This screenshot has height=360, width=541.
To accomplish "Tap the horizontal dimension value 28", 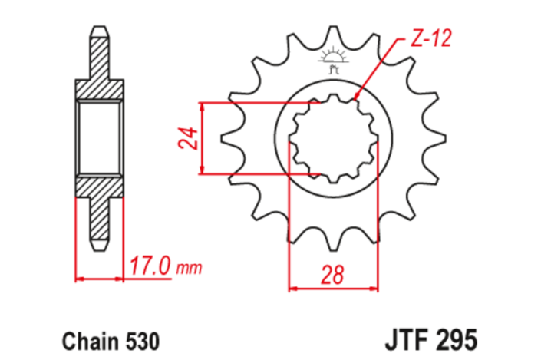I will coord(333,274).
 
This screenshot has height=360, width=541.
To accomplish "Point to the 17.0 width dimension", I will coord(150,268).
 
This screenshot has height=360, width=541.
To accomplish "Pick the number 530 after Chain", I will coord(143,339).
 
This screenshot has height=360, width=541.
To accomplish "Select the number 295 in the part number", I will coord(458,339).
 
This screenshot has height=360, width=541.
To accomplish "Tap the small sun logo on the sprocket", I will coord(333,59).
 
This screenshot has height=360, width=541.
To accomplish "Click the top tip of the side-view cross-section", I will coord(98,30).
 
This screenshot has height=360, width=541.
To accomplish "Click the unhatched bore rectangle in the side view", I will coord(98,138).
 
